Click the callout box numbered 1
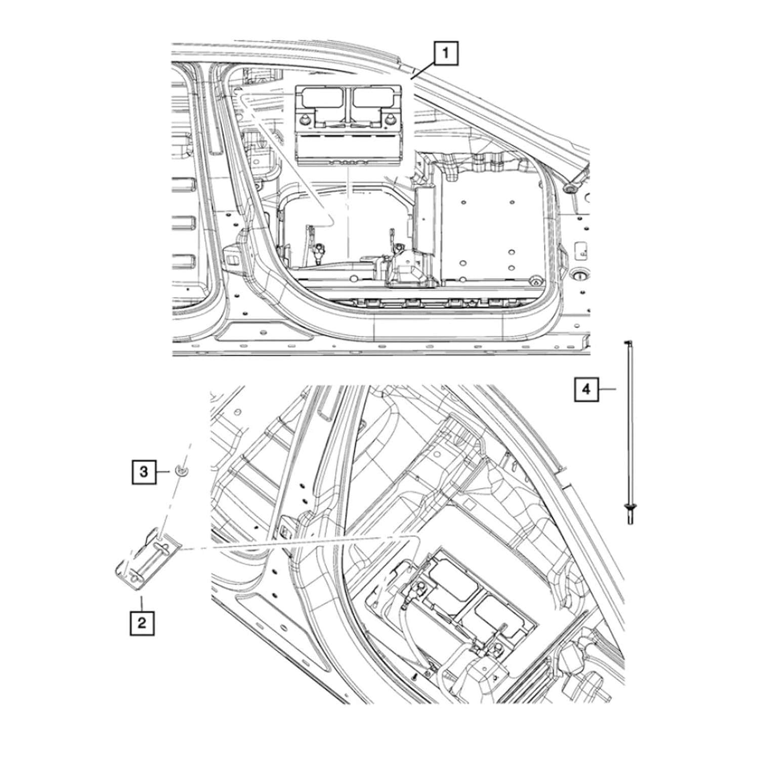point(445,53)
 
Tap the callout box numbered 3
point(144,472)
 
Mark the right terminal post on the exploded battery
point(392,119)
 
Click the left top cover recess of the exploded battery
point(322,96)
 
